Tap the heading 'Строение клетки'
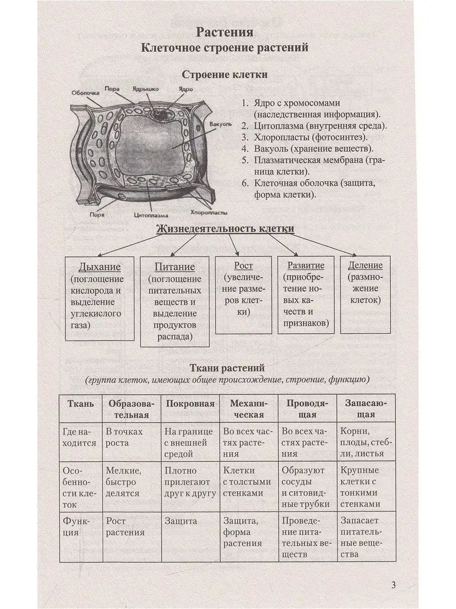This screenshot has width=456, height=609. [x=225, y=74]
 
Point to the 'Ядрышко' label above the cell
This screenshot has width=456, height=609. [x=145, y=89]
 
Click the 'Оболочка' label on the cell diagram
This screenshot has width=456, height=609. [x=86, y=92]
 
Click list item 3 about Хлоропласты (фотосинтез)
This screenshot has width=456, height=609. [x=305, y=137]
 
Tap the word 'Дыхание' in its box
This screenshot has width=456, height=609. [x=100, y=266]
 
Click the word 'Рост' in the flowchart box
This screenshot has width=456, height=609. [x=243, y=265]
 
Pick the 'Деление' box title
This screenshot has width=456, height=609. [x=365, y=265]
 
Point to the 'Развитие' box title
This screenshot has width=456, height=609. [x=306, y=265]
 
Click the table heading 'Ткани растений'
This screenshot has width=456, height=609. [x=226, y=368]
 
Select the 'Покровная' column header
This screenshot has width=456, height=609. [x=190, y=404]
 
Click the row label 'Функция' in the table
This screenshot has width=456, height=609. [x=78, y=525]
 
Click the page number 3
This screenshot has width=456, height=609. [x=393, y=585]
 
